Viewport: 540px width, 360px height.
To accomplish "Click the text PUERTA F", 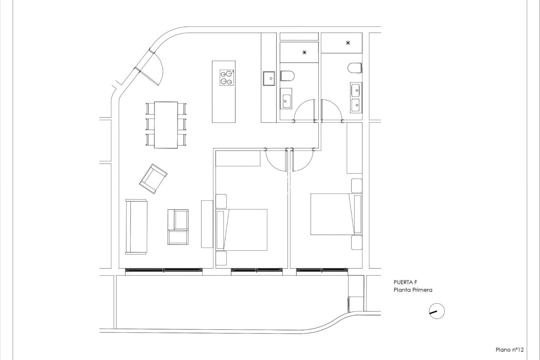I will (x=405, y=282).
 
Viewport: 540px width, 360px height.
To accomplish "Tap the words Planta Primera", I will (x=413, y=290).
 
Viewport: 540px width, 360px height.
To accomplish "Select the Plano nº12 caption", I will (x=510, y=350).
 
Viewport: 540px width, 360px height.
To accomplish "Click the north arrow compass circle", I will (x=436, y=311).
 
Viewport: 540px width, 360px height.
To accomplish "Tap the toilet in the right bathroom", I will (x=355, y=68).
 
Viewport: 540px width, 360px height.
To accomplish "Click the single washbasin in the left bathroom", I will (x=286, y=99).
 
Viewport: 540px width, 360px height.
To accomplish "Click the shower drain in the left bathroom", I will (x=304, y=52).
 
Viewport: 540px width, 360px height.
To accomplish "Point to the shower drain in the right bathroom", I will (x=348, y=43).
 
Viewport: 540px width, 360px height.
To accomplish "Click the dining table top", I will (x=166, y=125).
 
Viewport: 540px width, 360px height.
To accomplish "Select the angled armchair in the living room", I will (x=153, y=178).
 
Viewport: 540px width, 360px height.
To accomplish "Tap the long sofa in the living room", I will (x=136, y=227).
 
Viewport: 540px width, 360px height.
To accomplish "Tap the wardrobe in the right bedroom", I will (x=354, y=148).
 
